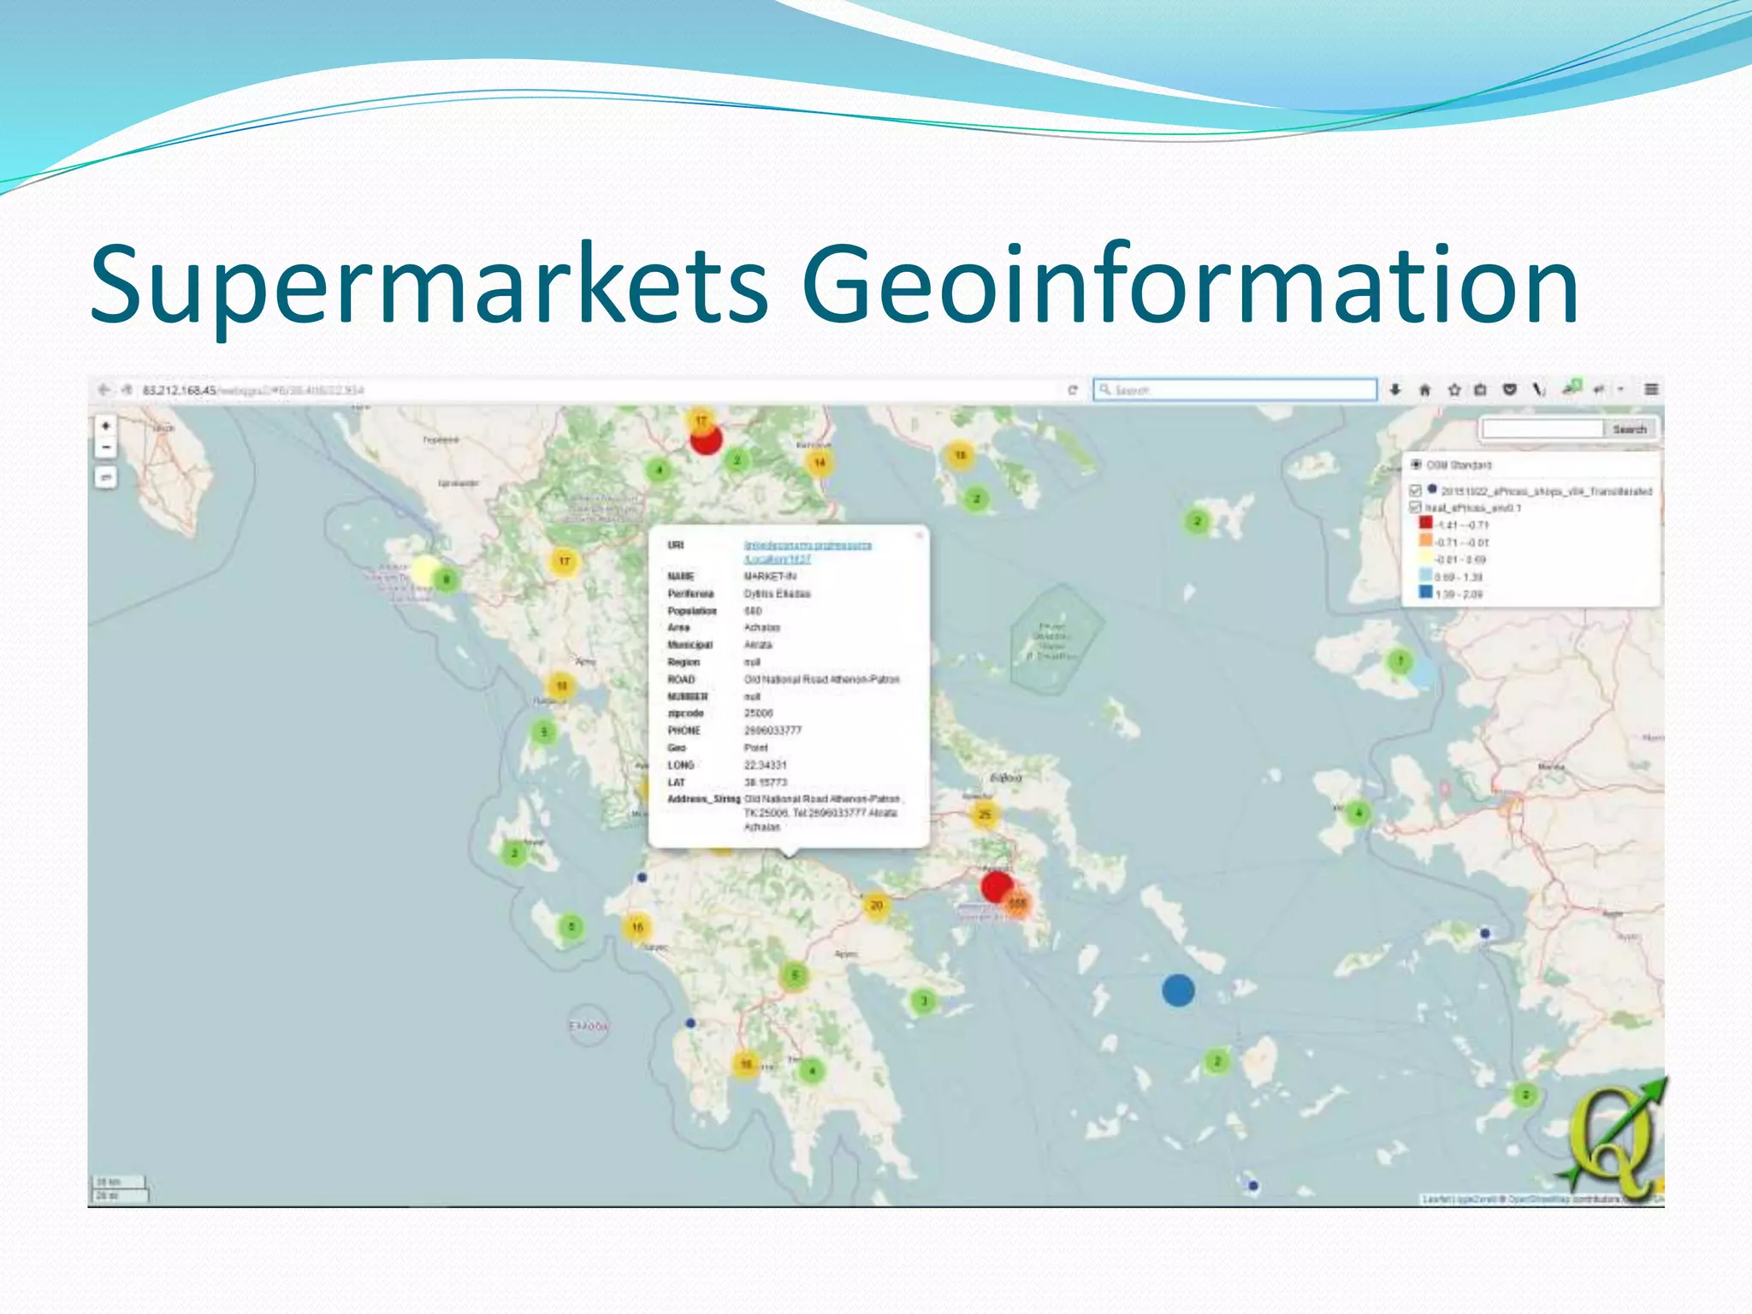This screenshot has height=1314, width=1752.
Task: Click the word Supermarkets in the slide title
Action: pos(428,287)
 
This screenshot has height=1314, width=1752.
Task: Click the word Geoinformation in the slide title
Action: pos(1189,287)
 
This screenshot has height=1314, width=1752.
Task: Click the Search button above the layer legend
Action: pos(1629,429)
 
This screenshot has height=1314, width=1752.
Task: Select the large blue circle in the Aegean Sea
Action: pos(1178,991)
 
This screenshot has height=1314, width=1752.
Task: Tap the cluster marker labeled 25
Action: pos(985,814)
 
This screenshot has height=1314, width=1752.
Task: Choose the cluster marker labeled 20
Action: pos(876,905)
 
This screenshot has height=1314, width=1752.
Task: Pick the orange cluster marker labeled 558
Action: pos(1017,904)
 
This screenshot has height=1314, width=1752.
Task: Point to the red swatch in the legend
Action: pos(1425,524)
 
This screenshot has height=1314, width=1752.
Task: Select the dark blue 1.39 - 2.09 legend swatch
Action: pos(1425,593)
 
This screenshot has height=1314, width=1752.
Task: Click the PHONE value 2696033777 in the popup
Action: pos(772,731)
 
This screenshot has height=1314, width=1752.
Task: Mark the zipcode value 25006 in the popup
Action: pos(758,713)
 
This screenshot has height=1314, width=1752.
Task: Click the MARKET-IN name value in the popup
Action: pos(770,577)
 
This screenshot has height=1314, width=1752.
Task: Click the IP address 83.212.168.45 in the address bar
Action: pos(180,391)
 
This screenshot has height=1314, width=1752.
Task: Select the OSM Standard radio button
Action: pos(1416,465)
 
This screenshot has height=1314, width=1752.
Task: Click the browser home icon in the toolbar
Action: pos(1424,391)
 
